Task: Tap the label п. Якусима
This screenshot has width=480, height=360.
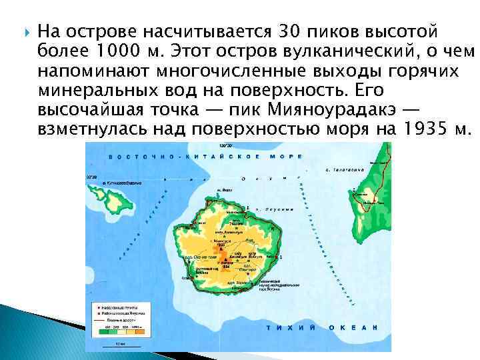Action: click(x=275, y=209)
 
